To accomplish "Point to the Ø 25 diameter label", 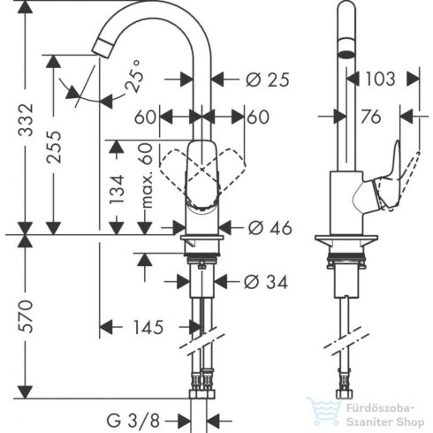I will tap(267, 80).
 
